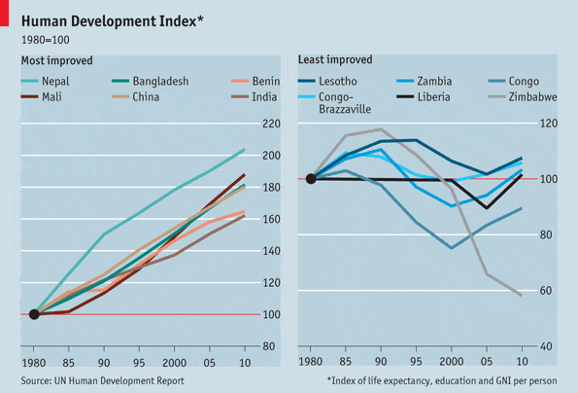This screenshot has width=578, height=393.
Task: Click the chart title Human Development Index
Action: tap(111, 20)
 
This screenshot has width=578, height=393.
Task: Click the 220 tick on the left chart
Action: tap(271, 124)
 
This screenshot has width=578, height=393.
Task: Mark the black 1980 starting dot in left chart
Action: tap(35, 314)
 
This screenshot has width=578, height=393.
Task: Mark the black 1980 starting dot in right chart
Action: tap(311, 179)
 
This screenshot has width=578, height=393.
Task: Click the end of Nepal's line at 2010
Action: tap(244, 150)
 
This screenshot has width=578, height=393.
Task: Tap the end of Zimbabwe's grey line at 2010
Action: tap(522, 295)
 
